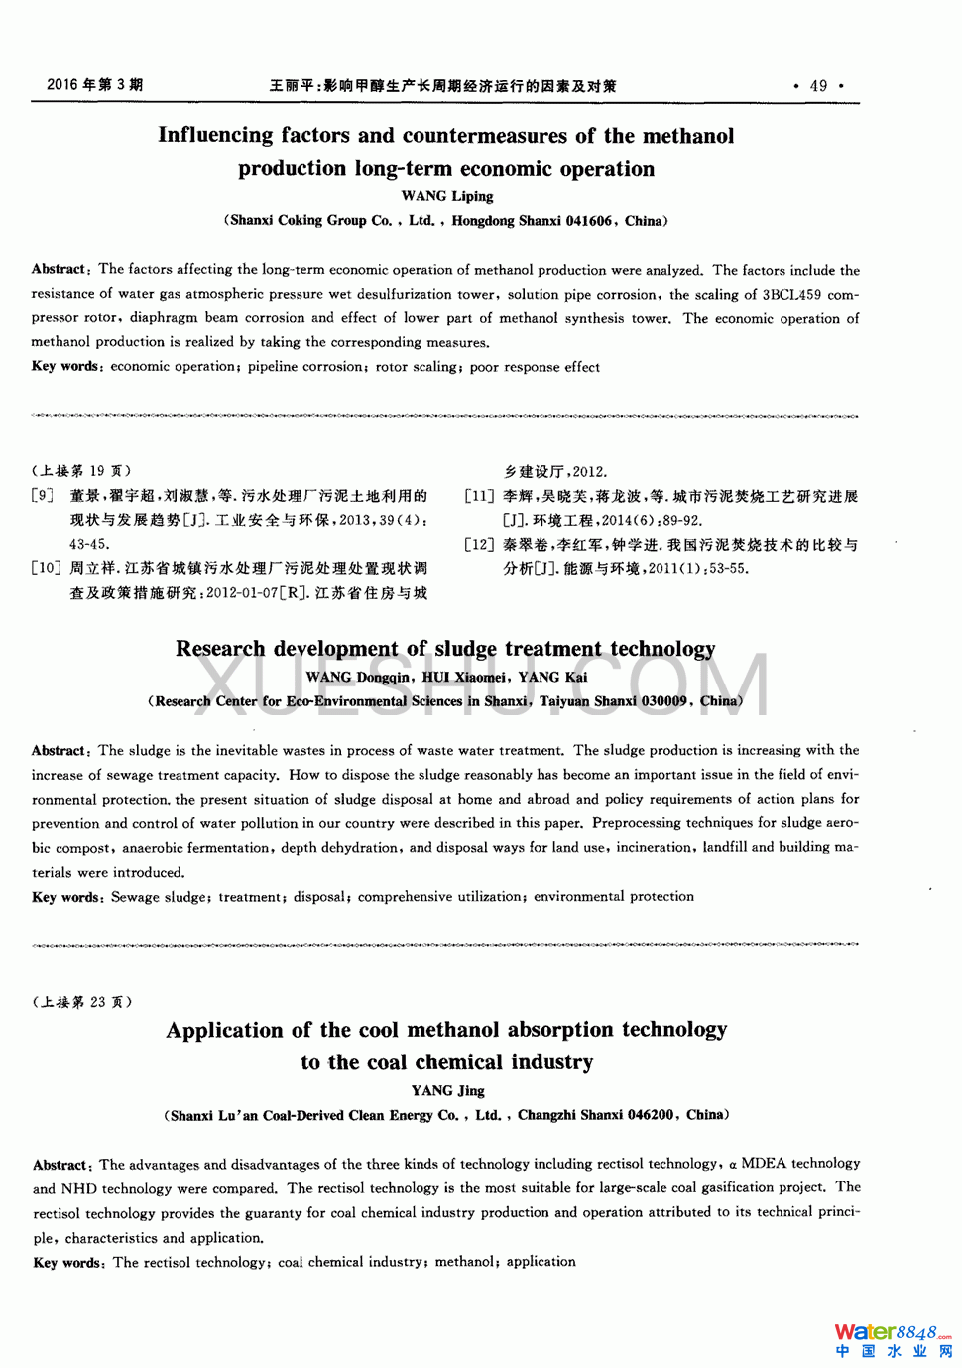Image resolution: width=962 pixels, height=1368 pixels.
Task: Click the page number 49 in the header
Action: [818, 86]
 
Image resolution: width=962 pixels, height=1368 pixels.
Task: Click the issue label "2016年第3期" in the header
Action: [94, 85]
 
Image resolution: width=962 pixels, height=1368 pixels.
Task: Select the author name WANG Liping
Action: [446, 196]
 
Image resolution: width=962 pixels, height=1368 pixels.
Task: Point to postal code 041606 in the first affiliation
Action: [589, 221]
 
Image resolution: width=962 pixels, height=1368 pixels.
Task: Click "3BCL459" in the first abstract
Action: [791, 295]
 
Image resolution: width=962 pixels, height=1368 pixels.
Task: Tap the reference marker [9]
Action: [43, 496]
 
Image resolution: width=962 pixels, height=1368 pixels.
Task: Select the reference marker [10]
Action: [46, 569]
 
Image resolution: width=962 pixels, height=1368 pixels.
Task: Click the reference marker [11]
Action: [479, 496]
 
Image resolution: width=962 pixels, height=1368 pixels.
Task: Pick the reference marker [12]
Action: [479, 545]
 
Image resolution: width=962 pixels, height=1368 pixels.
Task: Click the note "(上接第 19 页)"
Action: [81, 471]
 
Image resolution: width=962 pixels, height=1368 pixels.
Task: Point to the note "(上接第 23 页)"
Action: [81, 1002]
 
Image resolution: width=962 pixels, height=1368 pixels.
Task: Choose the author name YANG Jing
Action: [447, 1091]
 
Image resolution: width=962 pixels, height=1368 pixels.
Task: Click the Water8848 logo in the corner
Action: [892, 1340]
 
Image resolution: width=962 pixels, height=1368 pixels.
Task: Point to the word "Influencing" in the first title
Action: [215, 136]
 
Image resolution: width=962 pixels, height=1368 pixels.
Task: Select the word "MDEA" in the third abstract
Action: [765, 1164]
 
